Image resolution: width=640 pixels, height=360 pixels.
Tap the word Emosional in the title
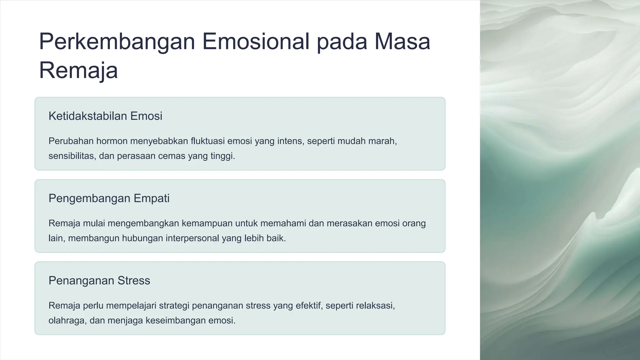[x=256, y=42]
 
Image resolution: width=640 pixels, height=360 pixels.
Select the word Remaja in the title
[x=78, y=71]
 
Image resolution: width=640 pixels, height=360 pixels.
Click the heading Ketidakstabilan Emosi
[x=105, y=116]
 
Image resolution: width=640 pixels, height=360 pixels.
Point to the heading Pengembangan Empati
[x=109, y=198]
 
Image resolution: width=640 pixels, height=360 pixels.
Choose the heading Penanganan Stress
[x=99, y=280]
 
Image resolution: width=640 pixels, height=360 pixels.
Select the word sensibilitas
[x=72, y=156]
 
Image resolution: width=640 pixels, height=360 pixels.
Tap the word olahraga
[x=67, y=320]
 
